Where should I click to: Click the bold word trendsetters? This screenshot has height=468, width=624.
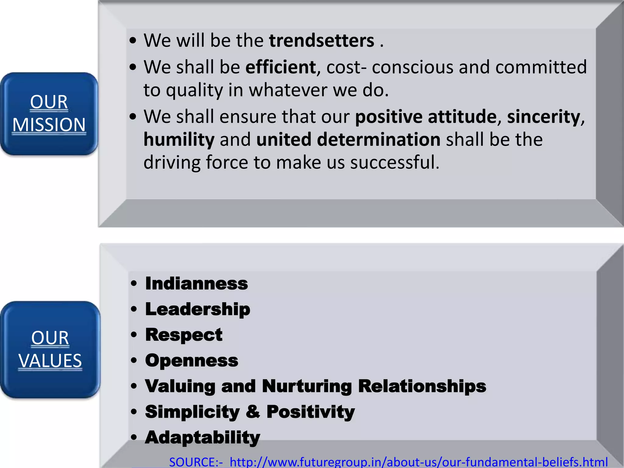point(321,41)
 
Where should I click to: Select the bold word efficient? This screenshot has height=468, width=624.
point(281,67)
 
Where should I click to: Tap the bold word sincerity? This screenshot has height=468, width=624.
point(544,117)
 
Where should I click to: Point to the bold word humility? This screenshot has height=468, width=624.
point(179,140)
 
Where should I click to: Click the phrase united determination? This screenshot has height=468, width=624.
point(348,140)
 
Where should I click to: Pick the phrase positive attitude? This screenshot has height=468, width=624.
point(426,117)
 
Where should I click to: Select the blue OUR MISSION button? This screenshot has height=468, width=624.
point(49,114)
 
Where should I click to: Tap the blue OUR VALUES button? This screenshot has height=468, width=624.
point(50,349)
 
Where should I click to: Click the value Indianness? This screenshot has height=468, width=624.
point(197,284)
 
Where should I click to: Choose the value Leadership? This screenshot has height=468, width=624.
point(197,309)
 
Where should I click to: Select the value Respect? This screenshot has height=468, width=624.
point(184,335)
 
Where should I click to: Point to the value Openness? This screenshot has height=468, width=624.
point(192,360)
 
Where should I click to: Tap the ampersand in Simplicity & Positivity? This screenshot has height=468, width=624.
point(253,412)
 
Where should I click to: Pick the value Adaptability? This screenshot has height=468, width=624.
point(202,438)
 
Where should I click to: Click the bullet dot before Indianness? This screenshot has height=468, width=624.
point(134,284)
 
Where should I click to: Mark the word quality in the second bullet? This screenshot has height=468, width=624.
point(194,90)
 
